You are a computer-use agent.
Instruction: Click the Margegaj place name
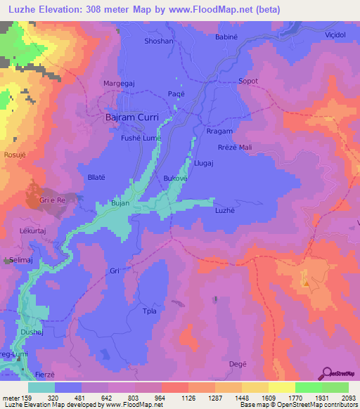pos(119,83)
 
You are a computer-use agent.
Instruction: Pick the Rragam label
pos(219,131)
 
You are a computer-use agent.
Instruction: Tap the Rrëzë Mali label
pos(234,147)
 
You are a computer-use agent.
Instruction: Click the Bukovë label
pos(175,179)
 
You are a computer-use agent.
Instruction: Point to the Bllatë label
pos(96,178)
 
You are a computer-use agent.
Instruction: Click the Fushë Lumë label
pos(143,138)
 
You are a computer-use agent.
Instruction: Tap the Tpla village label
pos(149,311)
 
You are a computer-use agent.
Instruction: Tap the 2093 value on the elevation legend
pos(349,396)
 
